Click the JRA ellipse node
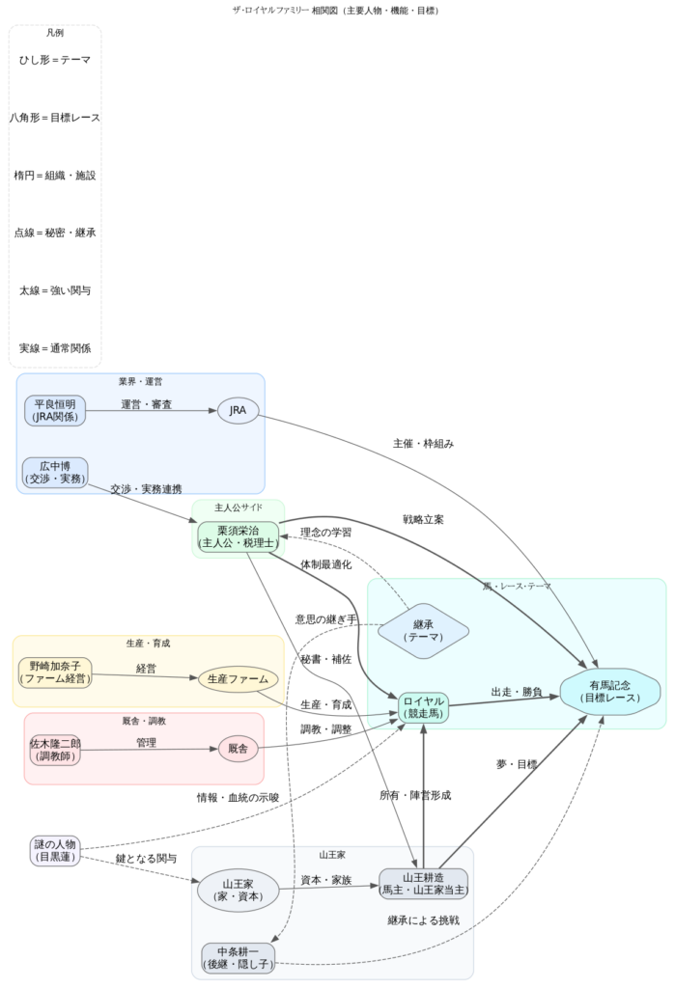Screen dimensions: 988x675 [x=239, y=411]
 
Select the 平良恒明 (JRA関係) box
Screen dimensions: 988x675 [x=55, y=410]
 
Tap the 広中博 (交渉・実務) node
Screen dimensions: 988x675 [x=55, y=472]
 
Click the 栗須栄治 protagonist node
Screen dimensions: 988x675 [x=239, y=537]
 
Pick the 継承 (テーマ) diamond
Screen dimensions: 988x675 [x=423, y=631]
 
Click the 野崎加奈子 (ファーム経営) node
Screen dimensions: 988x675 [x=55, y=672]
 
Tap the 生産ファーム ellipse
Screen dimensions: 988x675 [x=239, y=679]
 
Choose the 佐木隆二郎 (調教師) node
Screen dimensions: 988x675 [x=55, y=750]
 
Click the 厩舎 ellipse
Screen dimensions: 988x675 [x=239, y=749]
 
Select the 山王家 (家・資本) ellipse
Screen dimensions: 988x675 [x=238, y=891]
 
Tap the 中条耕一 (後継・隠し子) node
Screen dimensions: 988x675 [x=238, y=957]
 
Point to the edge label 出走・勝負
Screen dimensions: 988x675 [x=517, y=692]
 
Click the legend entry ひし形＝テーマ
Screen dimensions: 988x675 [x=55, y=60]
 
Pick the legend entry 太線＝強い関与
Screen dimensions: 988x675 [x=55, y=290]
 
